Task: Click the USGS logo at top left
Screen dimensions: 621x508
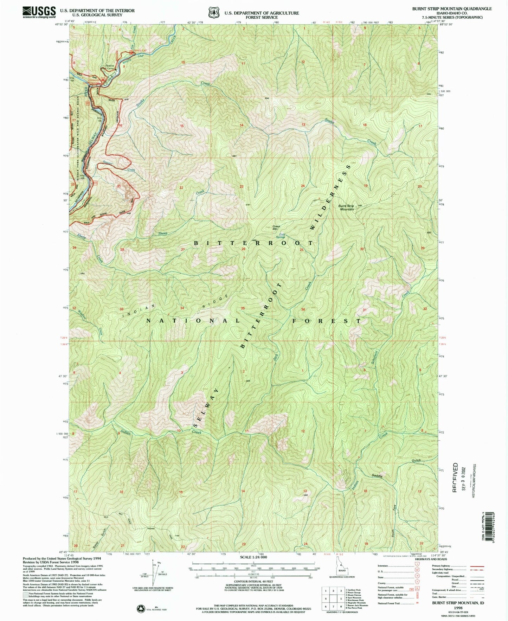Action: tap(39, 12)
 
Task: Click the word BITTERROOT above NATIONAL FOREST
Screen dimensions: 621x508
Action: tap(253, 243)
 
